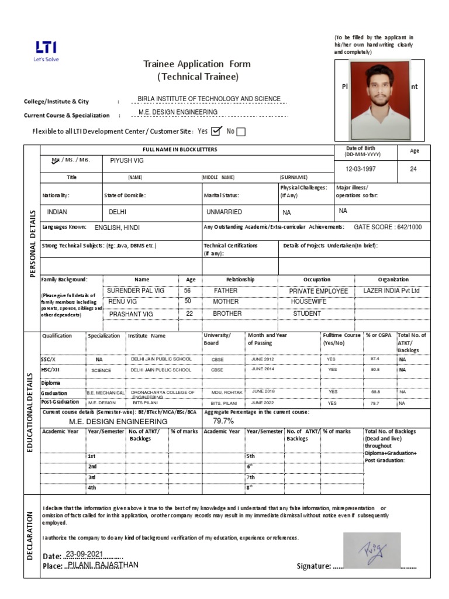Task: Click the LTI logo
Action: point(47,50)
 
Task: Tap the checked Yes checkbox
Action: point(216,131)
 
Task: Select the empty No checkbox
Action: point(241,132)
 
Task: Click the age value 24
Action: point(413,169)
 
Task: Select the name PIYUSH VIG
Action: point(127,160)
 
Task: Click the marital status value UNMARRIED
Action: point(224,212)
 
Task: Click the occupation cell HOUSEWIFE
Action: point(309,302)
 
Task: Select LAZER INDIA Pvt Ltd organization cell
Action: point(391,291)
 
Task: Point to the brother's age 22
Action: point(189,314)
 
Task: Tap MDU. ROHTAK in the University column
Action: point(222,392)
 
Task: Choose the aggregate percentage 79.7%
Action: point(223,421)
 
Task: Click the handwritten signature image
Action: point(371,550)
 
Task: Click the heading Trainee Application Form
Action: point(197,64)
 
